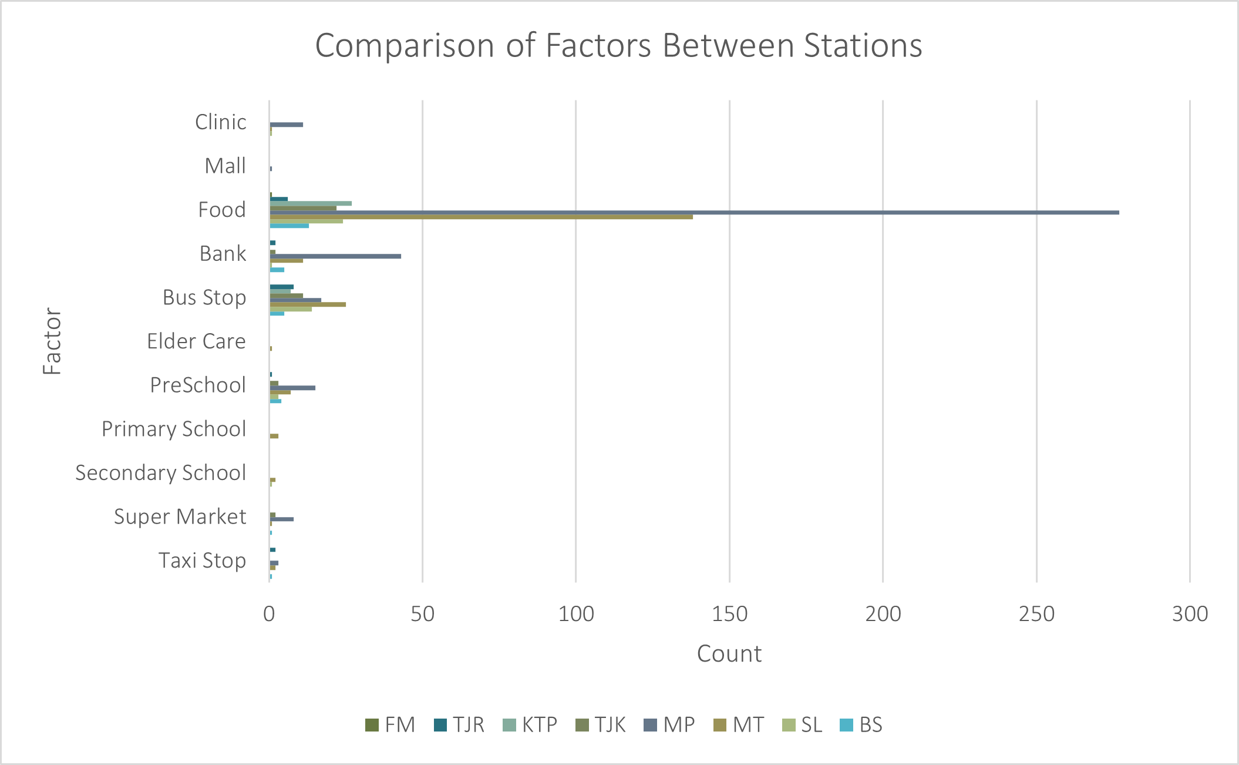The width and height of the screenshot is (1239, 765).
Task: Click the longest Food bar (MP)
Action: pos(693,212)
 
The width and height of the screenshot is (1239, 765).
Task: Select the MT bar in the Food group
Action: pos(481,217)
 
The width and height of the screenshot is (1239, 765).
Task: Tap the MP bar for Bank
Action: pos(335,256)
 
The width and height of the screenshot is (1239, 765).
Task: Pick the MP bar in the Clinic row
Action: pos(287,125)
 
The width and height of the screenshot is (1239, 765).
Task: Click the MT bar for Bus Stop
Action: pos(308,304)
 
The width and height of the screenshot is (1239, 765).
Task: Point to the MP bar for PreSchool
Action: pos(292,388)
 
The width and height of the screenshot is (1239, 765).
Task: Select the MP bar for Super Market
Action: pos(282,519)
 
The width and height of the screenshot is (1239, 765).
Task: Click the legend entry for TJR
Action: pos(460,725)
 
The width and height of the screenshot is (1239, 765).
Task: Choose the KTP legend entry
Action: pos(530,725)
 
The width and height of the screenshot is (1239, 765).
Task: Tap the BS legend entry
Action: pos(861,725)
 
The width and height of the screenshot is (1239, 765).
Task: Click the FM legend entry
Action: pos(390,725)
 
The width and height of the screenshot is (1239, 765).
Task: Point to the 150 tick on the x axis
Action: pos(729,615)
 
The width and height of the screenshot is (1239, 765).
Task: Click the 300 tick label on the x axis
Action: pos(1190,615)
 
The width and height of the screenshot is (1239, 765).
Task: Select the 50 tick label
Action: pos(422,615)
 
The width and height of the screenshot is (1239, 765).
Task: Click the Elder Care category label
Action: pos(196,341)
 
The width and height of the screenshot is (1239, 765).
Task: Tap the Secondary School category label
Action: pos(160,473)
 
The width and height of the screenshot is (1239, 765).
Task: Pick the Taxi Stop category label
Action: pos(202,561)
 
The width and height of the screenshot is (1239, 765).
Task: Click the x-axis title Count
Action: pos(729,654)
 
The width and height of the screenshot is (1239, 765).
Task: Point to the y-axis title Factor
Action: pos(53,341)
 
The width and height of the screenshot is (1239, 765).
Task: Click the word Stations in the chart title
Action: pos(863,46)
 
